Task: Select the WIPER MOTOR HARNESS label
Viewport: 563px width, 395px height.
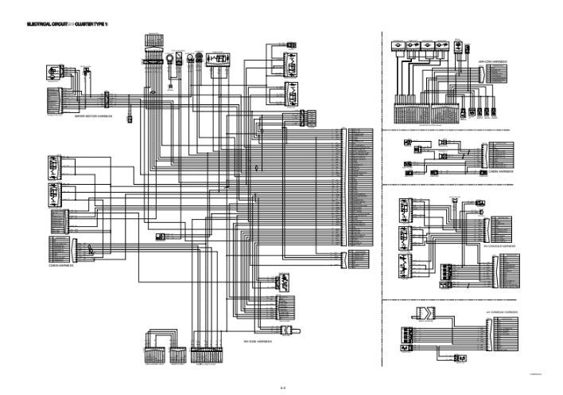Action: (x=94, y=116)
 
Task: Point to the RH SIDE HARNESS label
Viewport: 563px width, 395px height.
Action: (x=258, y=341)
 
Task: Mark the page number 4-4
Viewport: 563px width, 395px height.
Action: (x=282, y=388)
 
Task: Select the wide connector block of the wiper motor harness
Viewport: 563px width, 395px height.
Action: (x=57, y=100)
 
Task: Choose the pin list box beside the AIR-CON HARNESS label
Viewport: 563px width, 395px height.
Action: (x=499, y=76)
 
